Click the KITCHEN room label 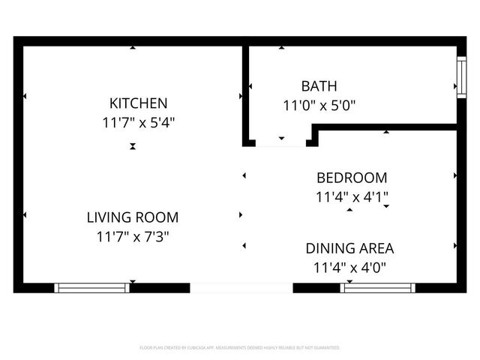(139, 103)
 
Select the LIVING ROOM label (133, 218)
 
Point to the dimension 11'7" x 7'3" (133, 237)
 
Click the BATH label (319, 86)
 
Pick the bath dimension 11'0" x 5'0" (319, 106)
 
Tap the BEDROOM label (352, 178)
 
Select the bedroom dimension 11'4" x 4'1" (352, 197)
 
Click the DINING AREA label (349, 248)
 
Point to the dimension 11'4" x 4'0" (349, 267)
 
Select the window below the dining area (378, 287)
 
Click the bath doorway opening (282, 142)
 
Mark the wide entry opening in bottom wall (241, 287)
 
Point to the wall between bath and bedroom (386, 129)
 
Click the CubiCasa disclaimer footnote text (240, 348)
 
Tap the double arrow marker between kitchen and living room (133, 147)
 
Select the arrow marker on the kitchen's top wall (133, 49)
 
